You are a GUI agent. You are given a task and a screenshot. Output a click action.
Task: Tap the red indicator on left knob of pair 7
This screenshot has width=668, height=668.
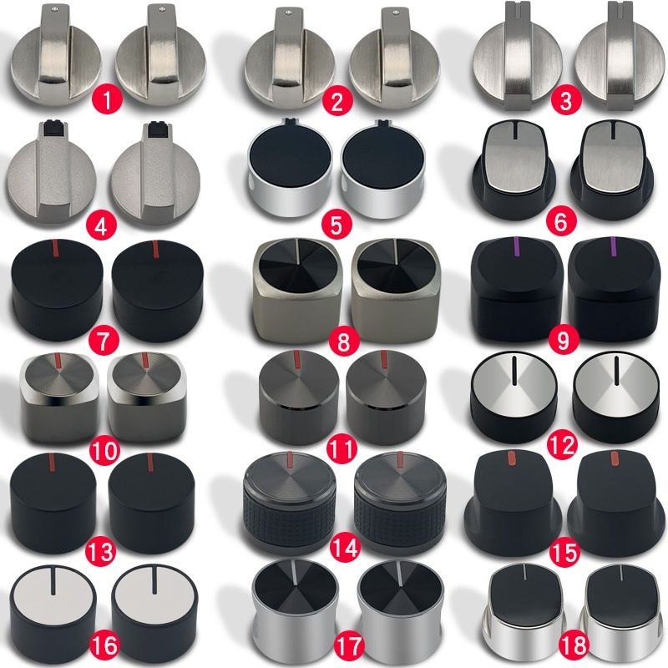[56, 248]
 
